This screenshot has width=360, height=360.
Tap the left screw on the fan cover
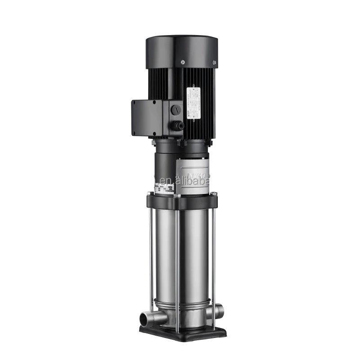[x=183, y=62]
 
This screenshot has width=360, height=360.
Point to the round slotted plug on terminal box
[x=175, y=109]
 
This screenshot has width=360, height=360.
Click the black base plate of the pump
[x=182, y=333]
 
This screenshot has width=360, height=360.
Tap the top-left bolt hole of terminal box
[x=134, y=103]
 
